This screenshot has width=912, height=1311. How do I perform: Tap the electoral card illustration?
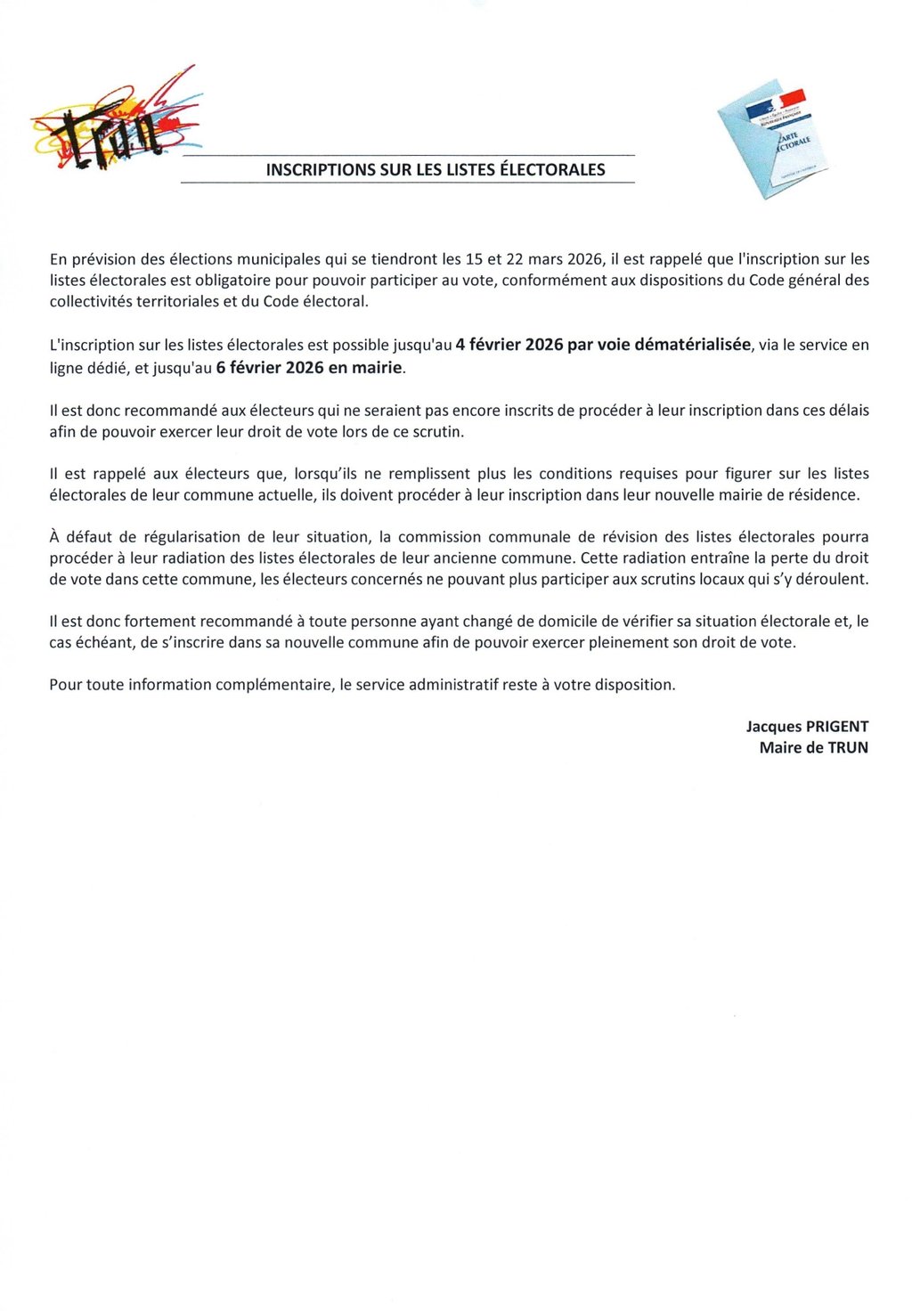click(x=772, y=142)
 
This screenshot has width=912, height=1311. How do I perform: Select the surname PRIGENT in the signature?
click(x=837, y=727)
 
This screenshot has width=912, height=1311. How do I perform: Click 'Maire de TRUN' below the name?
click(x=813, y=748)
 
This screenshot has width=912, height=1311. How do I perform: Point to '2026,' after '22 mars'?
click(x=585, y=260)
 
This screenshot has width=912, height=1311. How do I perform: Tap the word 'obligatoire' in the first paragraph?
click(x=227, y=281)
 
